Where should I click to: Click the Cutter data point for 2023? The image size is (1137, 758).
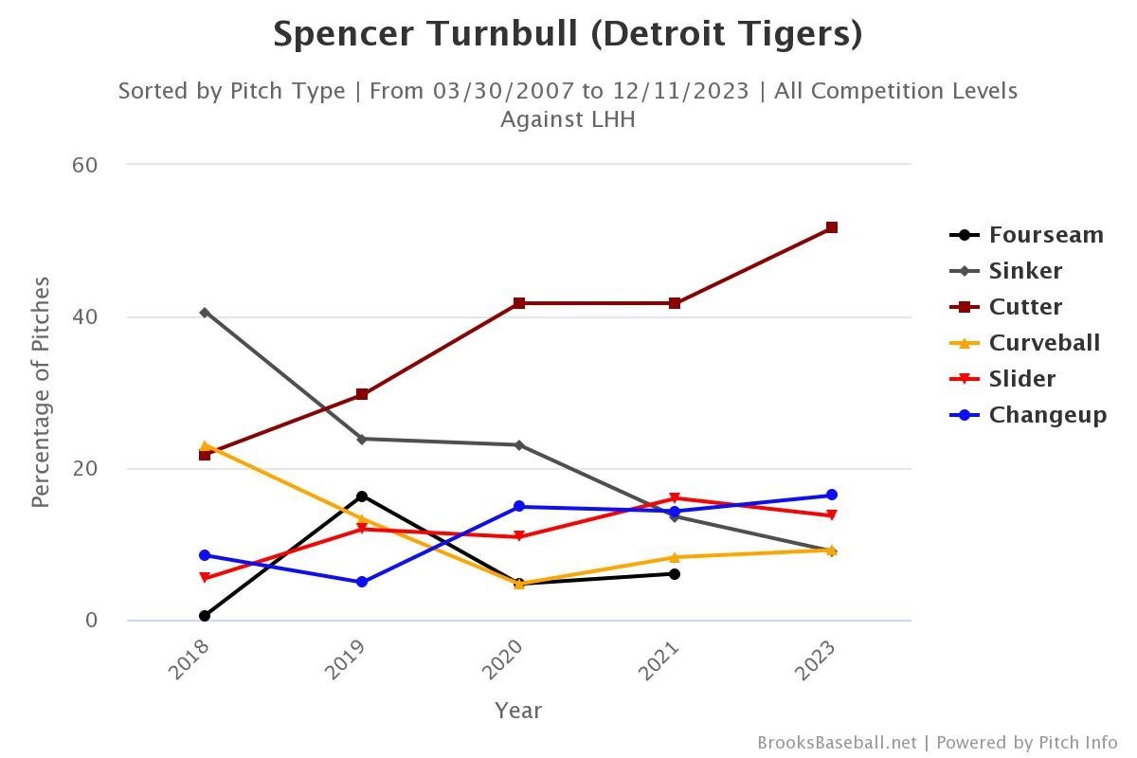tap(831, 227)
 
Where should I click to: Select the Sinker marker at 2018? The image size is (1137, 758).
tap(205, 313)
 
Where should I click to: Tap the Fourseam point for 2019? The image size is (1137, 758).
tap(362, 496)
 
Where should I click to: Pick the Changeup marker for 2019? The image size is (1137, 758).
tap(362, 582)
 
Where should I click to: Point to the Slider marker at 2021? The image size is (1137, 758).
tap(675, 498)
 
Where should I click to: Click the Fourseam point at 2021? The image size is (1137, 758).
tap(675, 574)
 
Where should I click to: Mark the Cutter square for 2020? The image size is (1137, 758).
tap(519, 303)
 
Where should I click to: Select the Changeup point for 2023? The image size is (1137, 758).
tap(831, 495)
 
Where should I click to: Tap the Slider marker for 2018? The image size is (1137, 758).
tap(205, 578)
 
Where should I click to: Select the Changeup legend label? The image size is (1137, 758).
tap(1047, 415)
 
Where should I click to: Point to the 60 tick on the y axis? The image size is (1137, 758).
tap(85, 165)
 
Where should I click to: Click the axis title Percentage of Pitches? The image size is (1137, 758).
tap(41, 392)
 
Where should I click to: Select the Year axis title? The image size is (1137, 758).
tap(518, 710)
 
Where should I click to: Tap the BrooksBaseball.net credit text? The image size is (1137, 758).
tap(837, 743)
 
